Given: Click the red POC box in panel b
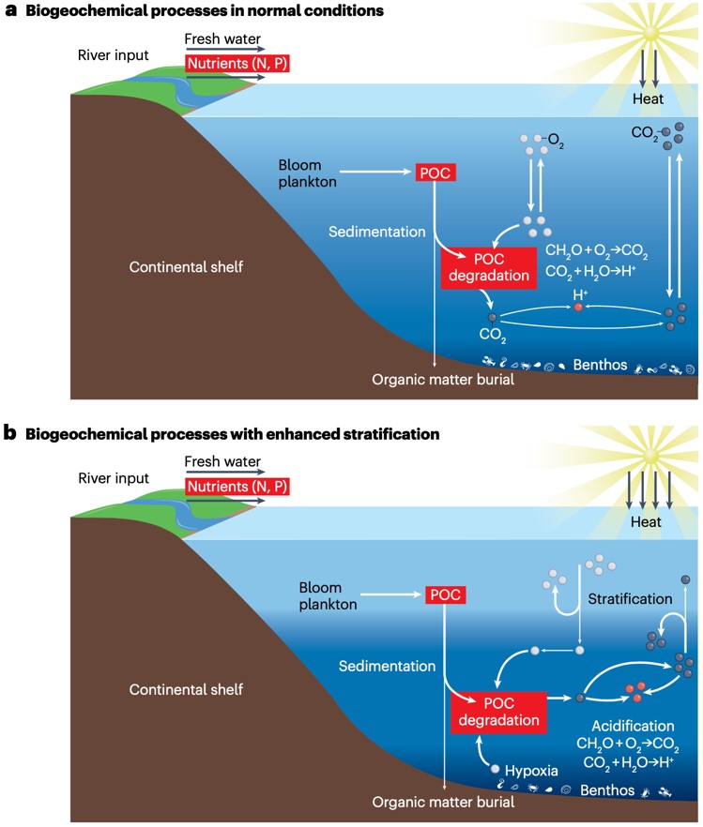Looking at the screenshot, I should tap(445, 594).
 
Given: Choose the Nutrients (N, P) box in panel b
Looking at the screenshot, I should tap(237, 487).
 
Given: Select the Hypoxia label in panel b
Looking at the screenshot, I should tap(531, 771).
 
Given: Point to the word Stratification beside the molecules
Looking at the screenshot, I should tap(630, 598).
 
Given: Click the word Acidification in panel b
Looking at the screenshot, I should tap(633, 726).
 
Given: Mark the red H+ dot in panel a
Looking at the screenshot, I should tap(579, 307).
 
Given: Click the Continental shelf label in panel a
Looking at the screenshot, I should tap(186, 267).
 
